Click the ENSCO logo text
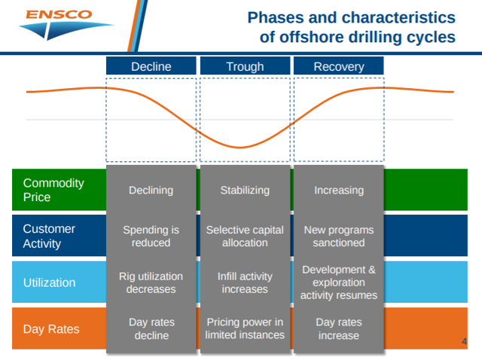click(x=59, y=14)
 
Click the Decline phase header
click(x=151, y=66)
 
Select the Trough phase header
click(x=245, y=66)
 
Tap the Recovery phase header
click(x=339, y=66)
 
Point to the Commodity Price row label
click(x=53, y=190)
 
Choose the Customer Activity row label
click(x=49, y=236)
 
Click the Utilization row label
click(x=49, y=282)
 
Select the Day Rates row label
click(x=51, y=329)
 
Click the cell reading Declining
click(x=151, y=191)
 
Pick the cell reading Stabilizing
click(x=245, y=191)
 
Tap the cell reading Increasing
click(x=339, y=191)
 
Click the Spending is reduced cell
click(x=151, y=236)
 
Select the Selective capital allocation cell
click(x=245, y=236)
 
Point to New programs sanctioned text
click(x=339, y=236)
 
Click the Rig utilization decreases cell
click(x=151, y=282)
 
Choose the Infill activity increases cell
click(x=245, y=282)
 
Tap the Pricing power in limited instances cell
click(x=245, y=328)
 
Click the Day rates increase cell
click(x=339, y=328)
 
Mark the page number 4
click(x=464, y=341)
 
